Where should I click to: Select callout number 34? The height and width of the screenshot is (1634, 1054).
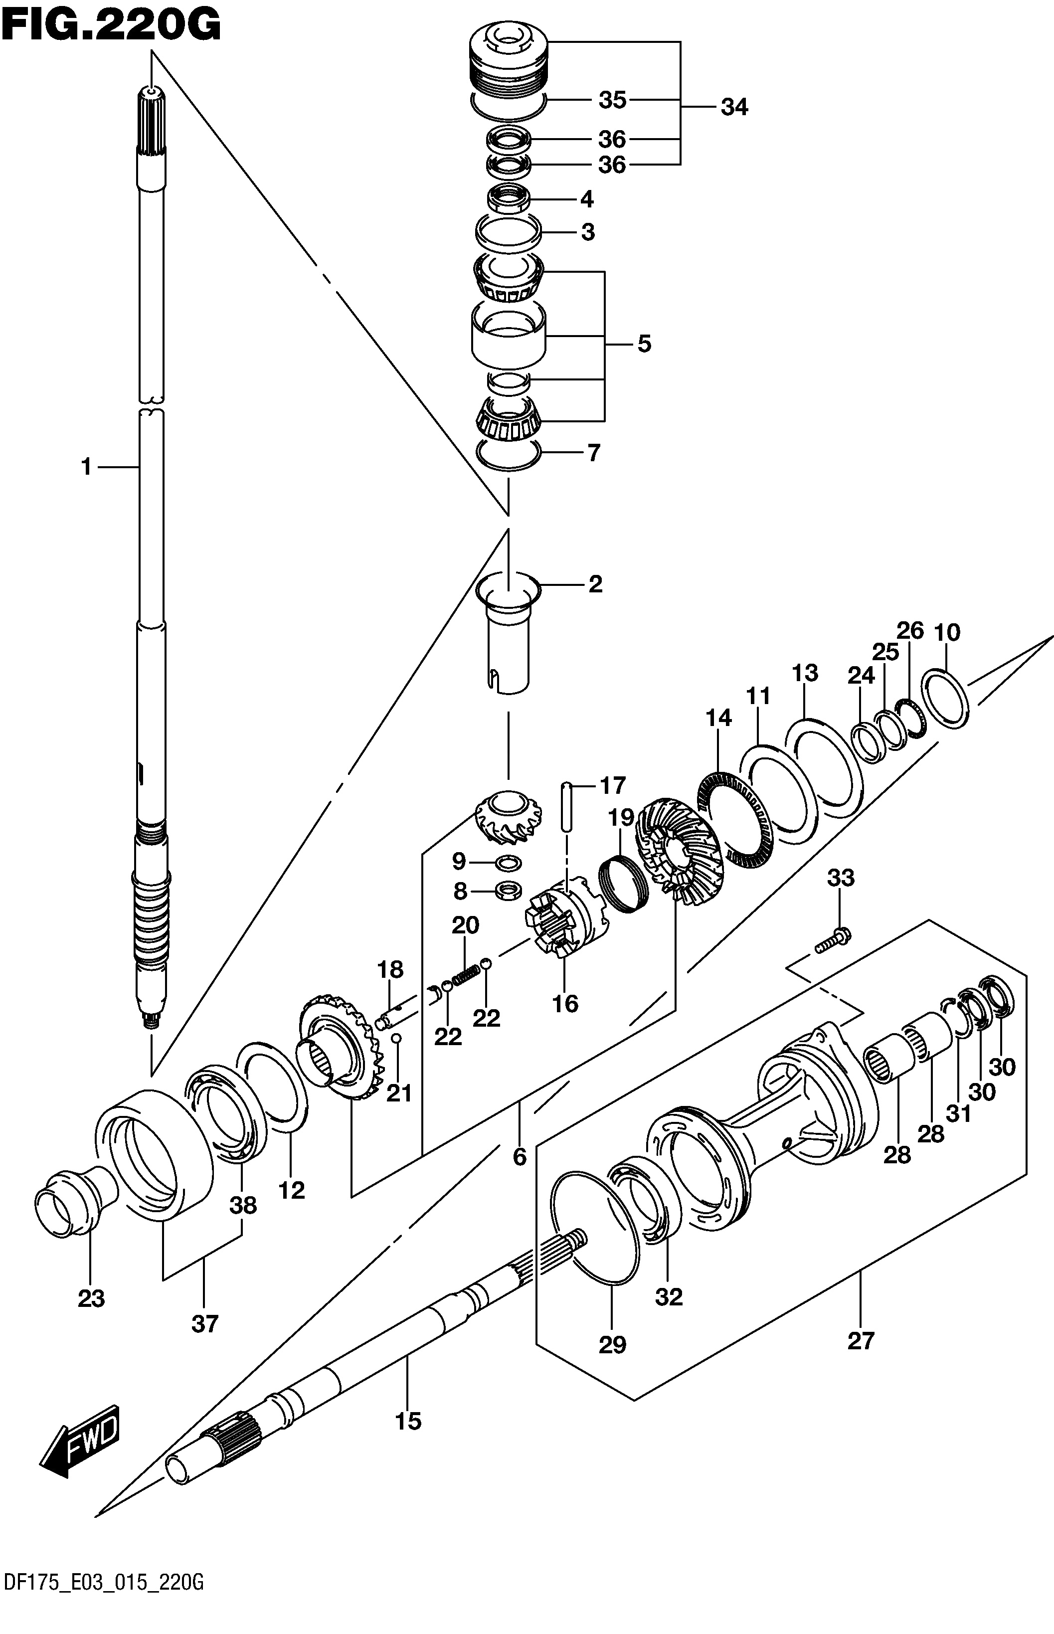[x=734, y=108]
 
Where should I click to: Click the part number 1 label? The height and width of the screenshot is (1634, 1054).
[x=86, y=468]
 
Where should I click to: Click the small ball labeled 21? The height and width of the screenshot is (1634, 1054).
[x=395, y=1039]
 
